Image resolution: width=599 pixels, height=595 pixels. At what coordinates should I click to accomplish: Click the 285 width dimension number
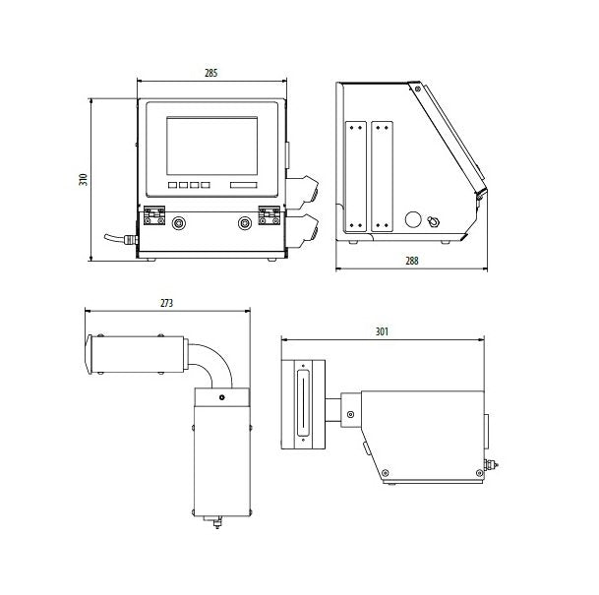[x=210, y=74]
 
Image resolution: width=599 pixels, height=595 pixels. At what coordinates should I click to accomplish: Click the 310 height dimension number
[x=84, y=179]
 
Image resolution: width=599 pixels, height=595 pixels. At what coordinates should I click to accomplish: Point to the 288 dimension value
[x=411, y=261]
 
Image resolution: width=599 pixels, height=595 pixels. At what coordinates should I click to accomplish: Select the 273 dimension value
[x=166, y=304]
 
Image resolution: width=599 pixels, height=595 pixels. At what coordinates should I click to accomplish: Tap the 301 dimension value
[x=382, y=331]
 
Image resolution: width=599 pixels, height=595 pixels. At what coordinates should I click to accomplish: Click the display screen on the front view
[x=211, y=145]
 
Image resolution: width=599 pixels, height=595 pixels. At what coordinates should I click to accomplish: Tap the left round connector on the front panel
[x=178, y=223]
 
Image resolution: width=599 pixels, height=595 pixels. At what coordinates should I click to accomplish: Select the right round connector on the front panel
[x=245, y=223]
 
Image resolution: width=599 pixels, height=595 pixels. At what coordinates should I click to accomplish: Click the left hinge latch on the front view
[x=153, y=215]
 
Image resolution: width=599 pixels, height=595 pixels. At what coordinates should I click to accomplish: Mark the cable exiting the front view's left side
[x=119, y=237]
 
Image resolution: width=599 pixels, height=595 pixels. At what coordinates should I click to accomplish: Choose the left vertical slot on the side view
[x=354, y=176]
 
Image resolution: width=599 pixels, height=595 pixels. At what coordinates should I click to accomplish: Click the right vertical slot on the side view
[x=382, y=176]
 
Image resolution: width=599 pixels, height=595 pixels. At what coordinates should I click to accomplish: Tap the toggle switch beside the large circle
[x=434, y=219]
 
